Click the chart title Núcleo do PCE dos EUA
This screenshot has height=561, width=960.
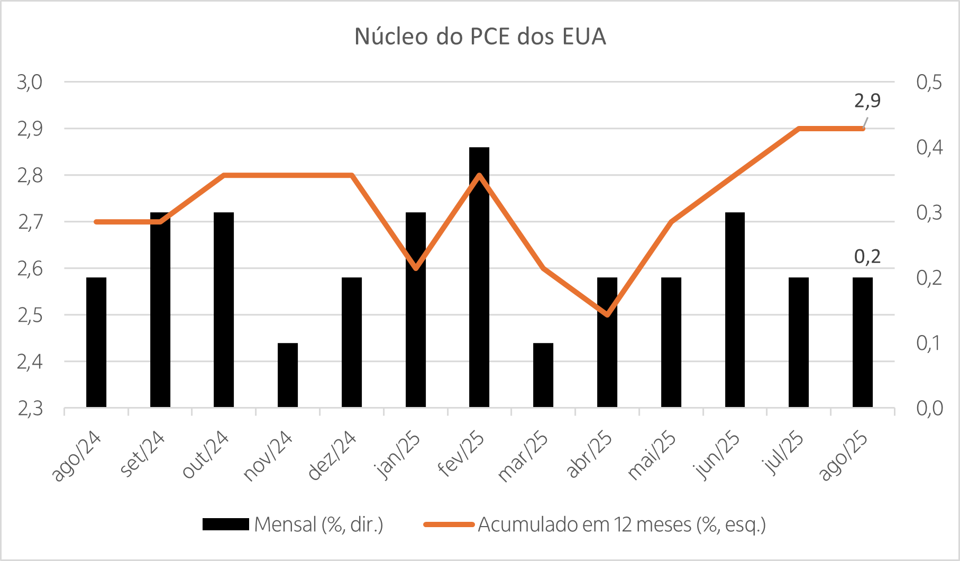(480, 37)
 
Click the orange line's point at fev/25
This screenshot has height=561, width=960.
(479, 175)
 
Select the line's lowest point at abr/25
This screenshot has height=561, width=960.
(607, 315)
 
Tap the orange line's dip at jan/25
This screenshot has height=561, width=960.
(416, 268)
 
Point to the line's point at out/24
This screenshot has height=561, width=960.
(224, 175)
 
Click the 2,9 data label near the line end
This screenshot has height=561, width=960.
(867, 100)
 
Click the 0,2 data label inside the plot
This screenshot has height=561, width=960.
(867, 257)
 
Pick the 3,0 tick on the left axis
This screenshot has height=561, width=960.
(30, 83)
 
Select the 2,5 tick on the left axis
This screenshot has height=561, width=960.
(30, 315)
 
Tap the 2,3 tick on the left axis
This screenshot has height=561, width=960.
(30, 409)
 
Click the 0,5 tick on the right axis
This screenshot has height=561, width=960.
(929, 83)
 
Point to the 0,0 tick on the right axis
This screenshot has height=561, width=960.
(929, 409)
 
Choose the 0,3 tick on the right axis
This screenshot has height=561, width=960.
(929, 213)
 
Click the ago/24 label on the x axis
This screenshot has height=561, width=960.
(77, 456)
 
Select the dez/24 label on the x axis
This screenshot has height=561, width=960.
(332, 456)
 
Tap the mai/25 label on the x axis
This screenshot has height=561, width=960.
(652, 456)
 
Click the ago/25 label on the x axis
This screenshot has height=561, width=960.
(844, 456)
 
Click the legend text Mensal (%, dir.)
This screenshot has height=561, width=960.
(318, 524)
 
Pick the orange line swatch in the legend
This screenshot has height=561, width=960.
(449, 524)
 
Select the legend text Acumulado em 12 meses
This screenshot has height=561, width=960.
(621, 524)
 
